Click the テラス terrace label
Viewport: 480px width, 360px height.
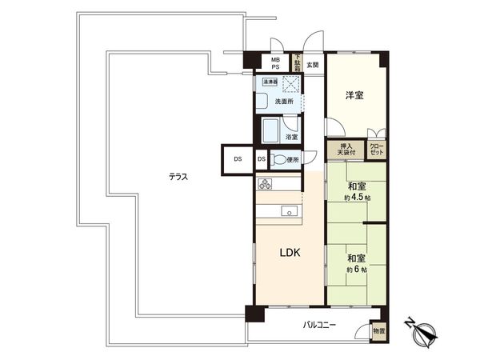click(178, 177)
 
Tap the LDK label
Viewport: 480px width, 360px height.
click(290, 253)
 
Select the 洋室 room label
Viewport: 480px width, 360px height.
click(354, 96)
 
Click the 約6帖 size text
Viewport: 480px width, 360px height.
click(356, 270)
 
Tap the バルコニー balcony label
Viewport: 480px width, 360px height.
click(319, 326)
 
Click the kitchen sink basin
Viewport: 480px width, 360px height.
click(289, 212)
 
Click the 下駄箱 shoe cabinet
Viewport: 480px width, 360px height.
click(297, 62)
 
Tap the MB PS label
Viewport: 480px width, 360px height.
click(275, 64)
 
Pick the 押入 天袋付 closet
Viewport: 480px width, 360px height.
click(346, 150)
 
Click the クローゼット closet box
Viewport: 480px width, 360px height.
click(376, 149)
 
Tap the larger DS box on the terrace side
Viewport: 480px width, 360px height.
click(238, 159)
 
